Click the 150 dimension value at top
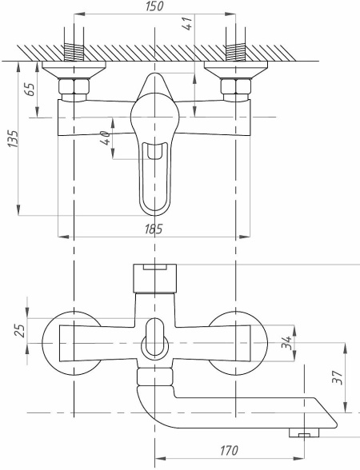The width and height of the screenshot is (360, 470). pyautogui.click(x=155, y=6)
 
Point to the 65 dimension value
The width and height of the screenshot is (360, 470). pyautogui.click(x=30, y=89)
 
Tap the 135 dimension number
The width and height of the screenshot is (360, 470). pyautogui.click(x=13, y=138)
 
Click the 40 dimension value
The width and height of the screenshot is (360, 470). pyautogui.click(x=106, y=137)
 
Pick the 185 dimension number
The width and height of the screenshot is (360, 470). pyautogui.click(x=154, y=229)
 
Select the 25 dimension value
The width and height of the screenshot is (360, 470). pyautogui.click(x=21, y=330)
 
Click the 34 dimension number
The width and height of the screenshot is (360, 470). pyautogui.click(x=286, y=342)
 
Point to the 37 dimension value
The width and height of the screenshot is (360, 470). pyautogui.click(x=338, y=377)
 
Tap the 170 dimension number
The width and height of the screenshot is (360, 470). pyautogui.click(x=229, y=450)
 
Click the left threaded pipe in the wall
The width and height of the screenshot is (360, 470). pyautogui.click(x=74, y=52)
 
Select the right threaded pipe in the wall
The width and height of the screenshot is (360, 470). pyautogui.click(x=235, y=52)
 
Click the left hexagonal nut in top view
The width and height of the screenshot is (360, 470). pyautogui.click(x=74, y=86)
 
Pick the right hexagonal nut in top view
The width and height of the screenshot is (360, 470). pyautogui.click(x=236, y=86)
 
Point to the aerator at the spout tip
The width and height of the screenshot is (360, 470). pyautogui.click(x=304, y=432)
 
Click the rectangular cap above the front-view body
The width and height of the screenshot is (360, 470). pyautogui.click(x=155, y=278)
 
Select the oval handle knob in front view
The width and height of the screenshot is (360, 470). pyautogui.click(x=155, y=337)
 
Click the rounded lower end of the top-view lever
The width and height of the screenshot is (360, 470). pyautogui.click(x=155, y=212)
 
